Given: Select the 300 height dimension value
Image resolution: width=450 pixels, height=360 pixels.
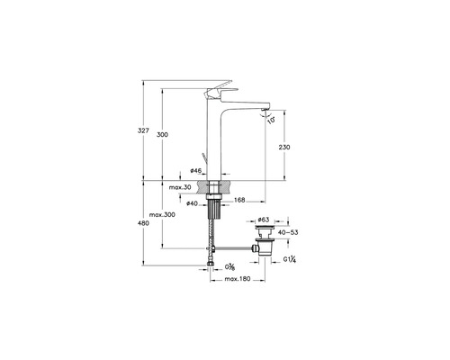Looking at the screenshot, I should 163,134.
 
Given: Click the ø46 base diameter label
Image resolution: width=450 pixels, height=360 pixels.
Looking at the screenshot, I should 196,170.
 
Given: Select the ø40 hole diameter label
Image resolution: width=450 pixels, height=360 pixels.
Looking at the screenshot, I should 193,203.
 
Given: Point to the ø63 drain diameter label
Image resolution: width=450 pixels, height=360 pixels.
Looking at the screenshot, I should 264,219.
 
